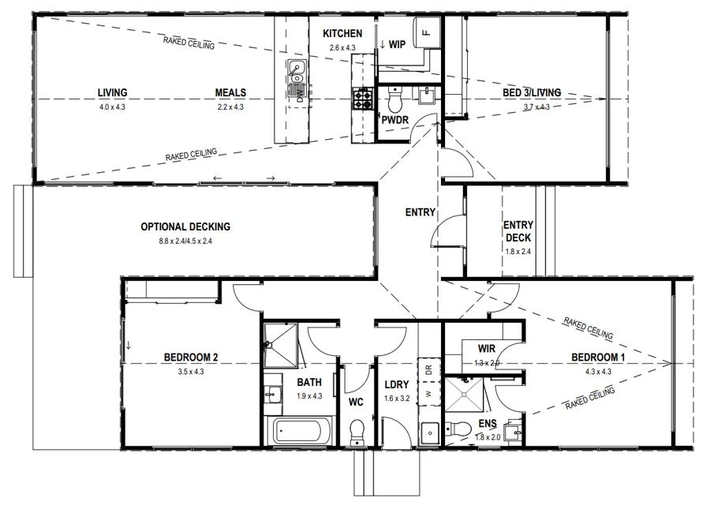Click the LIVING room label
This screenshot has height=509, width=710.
click(112, 93)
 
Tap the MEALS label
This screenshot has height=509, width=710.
click(230, 93)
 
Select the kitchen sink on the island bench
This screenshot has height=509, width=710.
click(297, 72)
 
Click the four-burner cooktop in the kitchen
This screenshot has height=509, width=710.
click(363, 99)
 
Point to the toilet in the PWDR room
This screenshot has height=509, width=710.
click(395, 99)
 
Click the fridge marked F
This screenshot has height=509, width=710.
click(426, 32)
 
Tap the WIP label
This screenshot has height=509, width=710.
click(397, 44)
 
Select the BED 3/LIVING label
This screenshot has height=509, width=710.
click(532, 93)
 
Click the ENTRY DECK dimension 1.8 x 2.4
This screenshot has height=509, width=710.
click(518, 252)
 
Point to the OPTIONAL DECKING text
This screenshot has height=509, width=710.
click(185, 226)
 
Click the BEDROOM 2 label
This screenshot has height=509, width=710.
click(191, 357)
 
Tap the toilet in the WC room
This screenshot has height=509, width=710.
click(357, 432)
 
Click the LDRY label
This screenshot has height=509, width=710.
click(397, 384)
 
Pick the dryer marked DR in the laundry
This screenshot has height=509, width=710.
click(429, 369)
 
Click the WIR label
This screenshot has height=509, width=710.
click(486, 349)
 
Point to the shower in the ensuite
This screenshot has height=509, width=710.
click(465, 395)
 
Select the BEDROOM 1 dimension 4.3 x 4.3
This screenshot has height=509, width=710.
click(598, 372)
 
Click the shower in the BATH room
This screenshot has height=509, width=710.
click(281, 345)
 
